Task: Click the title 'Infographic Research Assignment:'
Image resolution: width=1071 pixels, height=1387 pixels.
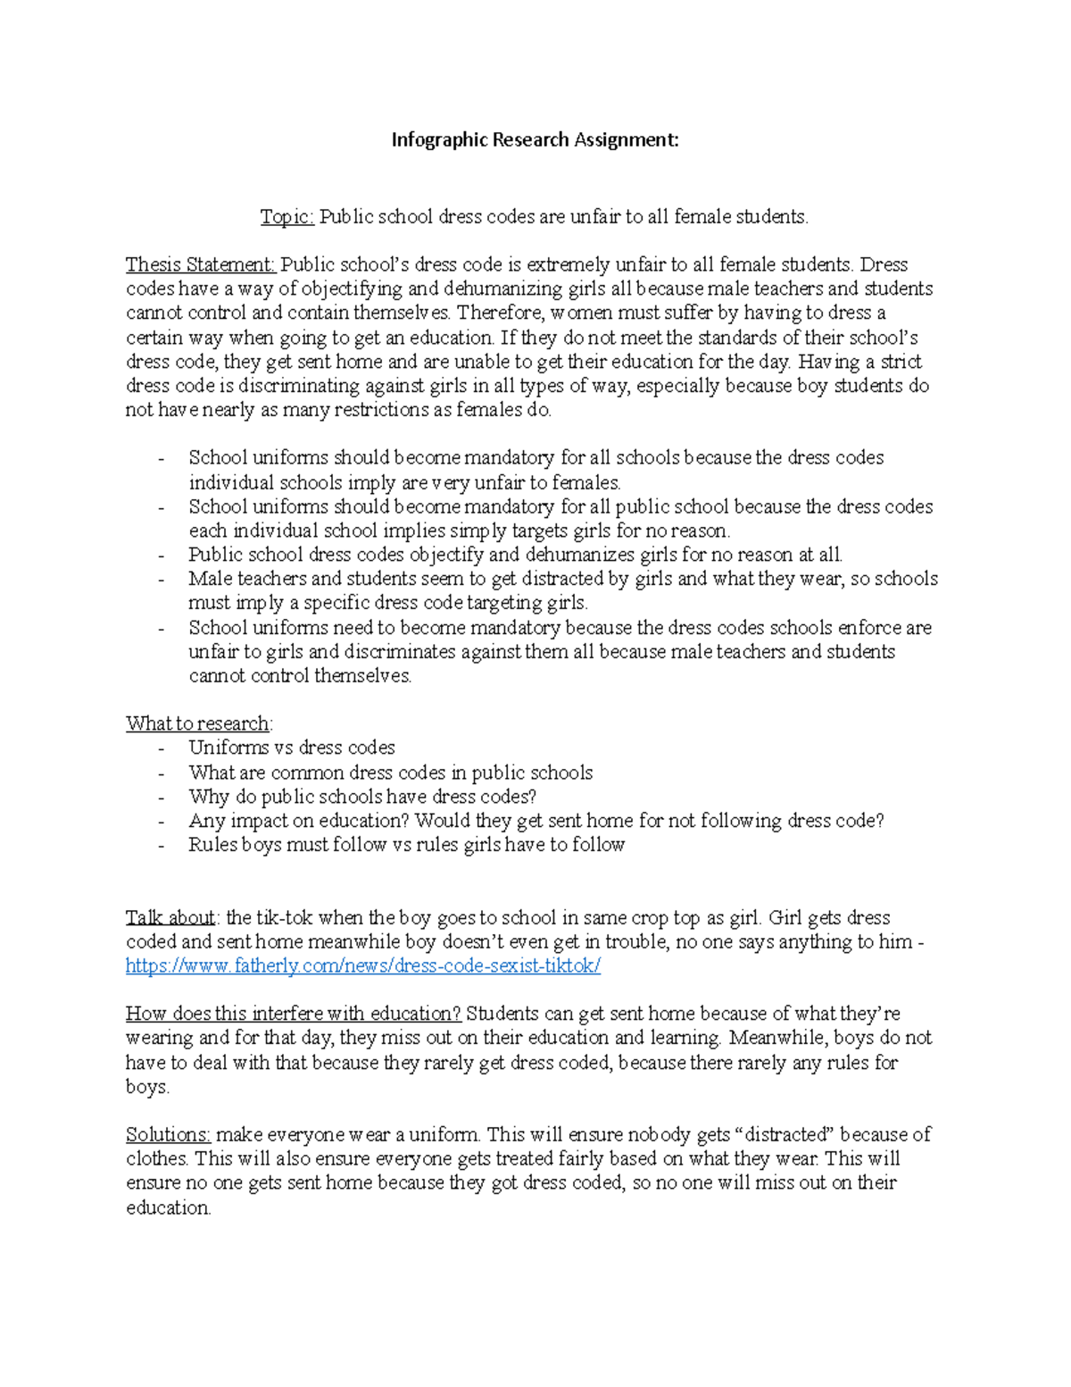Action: click(x=535, y=140)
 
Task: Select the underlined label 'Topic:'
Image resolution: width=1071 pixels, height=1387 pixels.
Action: click(x=286, y=217)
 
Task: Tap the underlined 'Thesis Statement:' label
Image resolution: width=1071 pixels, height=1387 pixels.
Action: click(x=201, y=265)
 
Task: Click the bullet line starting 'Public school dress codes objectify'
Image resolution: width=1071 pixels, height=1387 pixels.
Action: click(x=515, y=555)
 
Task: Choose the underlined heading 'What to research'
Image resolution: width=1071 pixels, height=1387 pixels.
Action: click(x=198, y=723)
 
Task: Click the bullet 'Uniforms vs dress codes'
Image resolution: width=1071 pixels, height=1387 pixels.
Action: click(x=291, y=748)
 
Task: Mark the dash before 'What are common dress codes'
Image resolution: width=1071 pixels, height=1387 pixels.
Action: click(x=162, y=773)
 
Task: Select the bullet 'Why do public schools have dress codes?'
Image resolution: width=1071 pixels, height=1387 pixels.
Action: click(x=361, y=797)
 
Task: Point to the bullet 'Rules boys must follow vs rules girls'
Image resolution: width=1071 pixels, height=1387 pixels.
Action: click(x=406, y=845)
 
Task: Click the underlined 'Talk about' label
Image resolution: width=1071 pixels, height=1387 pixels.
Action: click(x=170, y=918)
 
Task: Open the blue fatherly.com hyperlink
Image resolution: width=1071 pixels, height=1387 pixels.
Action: click(x=363, y=966)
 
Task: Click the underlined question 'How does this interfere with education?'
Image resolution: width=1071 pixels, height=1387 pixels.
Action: click(x=293, y=1015)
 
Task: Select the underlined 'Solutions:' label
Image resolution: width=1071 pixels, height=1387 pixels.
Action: click(x=168, y=1135)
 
